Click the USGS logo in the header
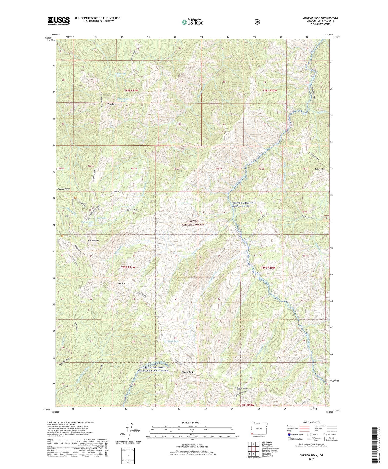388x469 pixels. [x=58, y=21]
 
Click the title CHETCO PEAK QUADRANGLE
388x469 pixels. [x=320, y=18]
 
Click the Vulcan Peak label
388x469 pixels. [x=93, y=240]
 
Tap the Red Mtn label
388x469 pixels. [x=122, y=284]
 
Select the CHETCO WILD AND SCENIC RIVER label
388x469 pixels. [x=244, y=204]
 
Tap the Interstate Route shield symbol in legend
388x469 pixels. [x=289, y=434]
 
